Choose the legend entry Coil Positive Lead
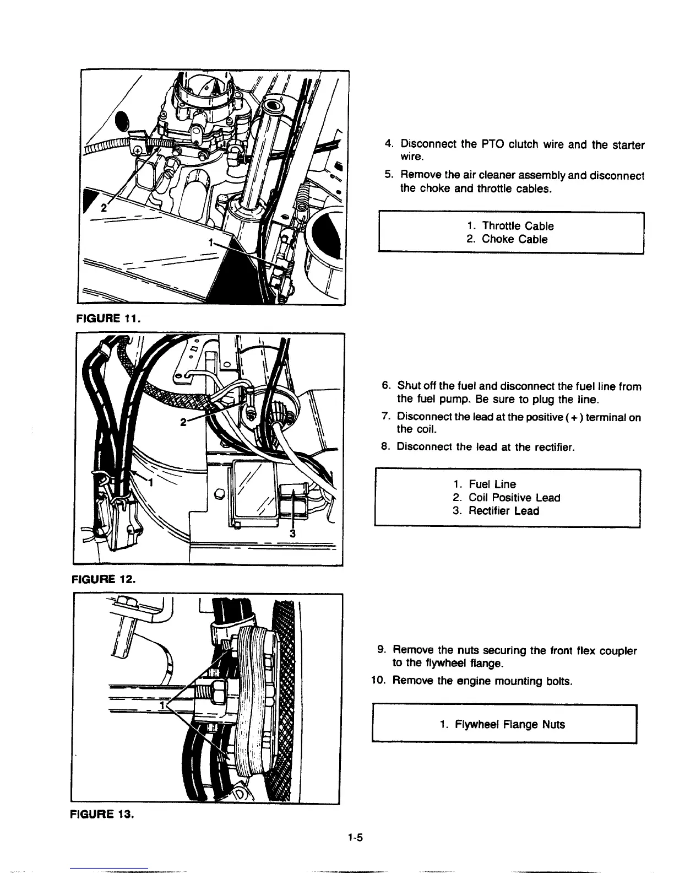[506, 498]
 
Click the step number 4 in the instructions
[388, 144]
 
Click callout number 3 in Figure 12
[293, 533]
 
